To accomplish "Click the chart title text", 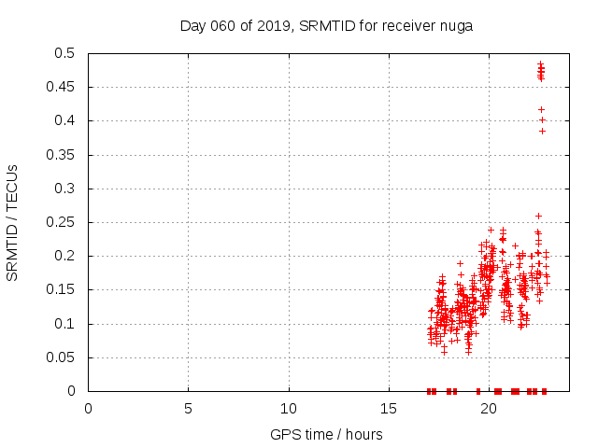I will pos(326,25).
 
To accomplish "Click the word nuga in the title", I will pos(456,25).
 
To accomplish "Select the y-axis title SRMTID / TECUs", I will pos(12,222).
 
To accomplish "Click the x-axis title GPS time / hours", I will pos(326,434).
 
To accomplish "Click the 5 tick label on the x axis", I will pos(188,409).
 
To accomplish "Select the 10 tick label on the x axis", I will pos(289,409).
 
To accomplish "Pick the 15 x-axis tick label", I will pos(389,409).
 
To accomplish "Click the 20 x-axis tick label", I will pos(489,409).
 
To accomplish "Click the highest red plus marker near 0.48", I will pos(540,63).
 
